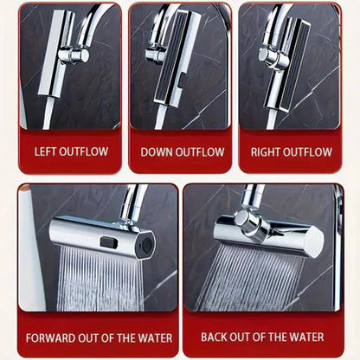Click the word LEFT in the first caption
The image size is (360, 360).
pyautogui.click(x=45, y=151)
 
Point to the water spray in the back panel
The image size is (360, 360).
pyautogui.click(x=260, y=277)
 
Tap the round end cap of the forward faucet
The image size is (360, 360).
pyautogui.click(x=146, y=246)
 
